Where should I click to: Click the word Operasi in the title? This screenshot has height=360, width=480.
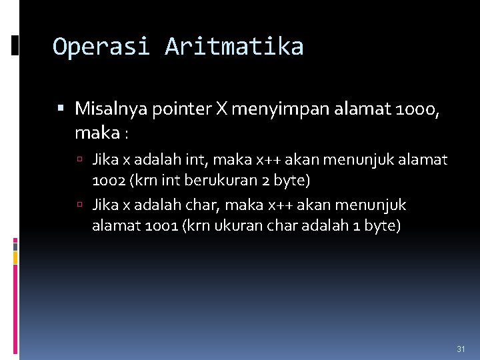[101, 47]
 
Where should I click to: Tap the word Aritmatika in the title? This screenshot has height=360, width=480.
[234, 47]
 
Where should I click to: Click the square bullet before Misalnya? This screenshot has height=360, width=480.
[61, 107]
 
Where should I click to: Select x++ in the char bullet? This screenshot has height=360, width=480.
[271, 205]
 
